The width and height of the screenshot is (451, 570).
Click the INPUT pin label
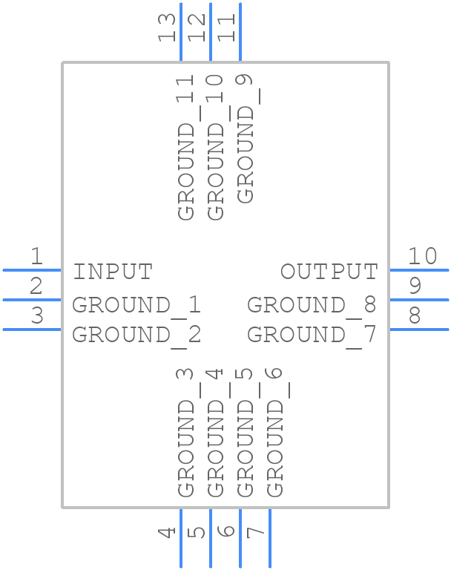point(113,272)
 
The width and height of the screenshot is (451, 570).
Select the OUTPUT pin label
point(329,272)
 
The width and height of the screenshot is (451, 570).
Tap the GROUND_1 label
point(136,305)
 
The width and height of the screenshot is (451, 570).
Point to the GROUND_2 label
point(136,335)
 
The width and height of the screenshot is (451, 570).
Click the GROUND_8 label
point(312,305)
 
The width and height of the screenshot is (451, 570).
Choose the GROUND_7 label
point(312,335)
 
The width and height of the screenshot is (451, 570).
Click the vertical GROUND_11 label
point(185,147)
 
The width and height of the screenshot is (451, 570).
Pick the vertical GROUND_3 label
point(185,432)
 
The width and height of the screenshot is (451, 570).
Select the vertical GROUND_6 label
point(274,432)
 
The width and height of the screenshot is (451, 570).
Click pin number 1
point(36,257)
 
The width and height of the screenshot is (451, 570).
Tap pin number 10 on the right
point(423,257)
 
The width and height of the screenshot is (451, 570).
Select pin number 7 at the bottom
point(256,532)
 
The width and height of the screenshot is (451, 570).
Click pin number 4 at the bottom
point(168,532)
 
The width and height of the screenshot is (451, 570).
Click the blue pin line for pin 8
point(419,329)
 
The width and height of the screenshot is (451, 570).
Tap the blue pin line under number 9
point(419,300)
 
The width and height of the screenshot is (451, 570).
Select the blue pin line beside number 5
point(210,538)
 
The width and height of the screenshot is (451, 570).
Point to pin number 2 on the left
point(36,286)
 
